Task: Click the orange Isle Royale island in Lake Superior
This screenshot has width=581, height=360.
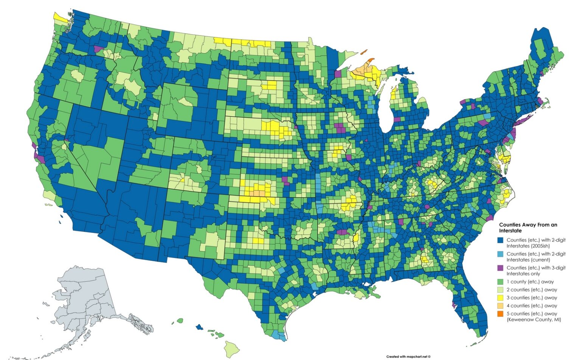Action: click(364, 52)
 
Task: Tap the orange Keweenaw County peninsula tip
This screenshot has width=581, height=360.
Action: click(371, 60)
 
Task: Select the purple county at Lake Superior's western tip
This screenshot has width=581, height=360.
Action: click(338, 73)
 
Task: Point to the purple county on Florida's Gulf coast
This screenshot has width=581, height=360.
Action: click(454, 304)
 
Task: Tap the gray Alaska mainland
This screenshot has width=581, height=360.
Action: click(83, 299)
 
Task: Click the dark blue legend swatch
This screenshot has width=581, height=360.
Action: click(500, 240)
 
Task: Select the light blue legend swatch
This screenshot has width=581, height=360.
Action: click(500, 254)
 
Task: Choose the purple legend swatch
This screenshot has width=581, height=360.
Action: click(500, 268)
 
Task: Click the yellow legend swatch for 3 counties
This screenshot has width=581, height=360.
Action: click(500, 298)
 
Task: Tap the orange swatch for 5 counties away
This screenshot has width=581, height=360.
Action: click(500, 314)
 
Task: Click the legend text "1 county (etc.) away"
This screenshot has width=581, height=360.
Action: click(530, 282)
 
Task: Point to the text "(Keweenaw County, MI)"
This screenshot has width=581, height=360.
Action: click(534, 320)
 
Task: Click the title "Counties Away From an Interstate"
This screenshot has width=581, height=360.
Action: click(528, 228)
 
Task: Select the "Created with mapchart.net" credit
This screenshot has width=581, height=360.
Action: click(408, 357)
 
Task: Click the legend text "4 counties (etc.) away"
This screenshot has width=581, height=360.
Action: click(532, 306)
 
